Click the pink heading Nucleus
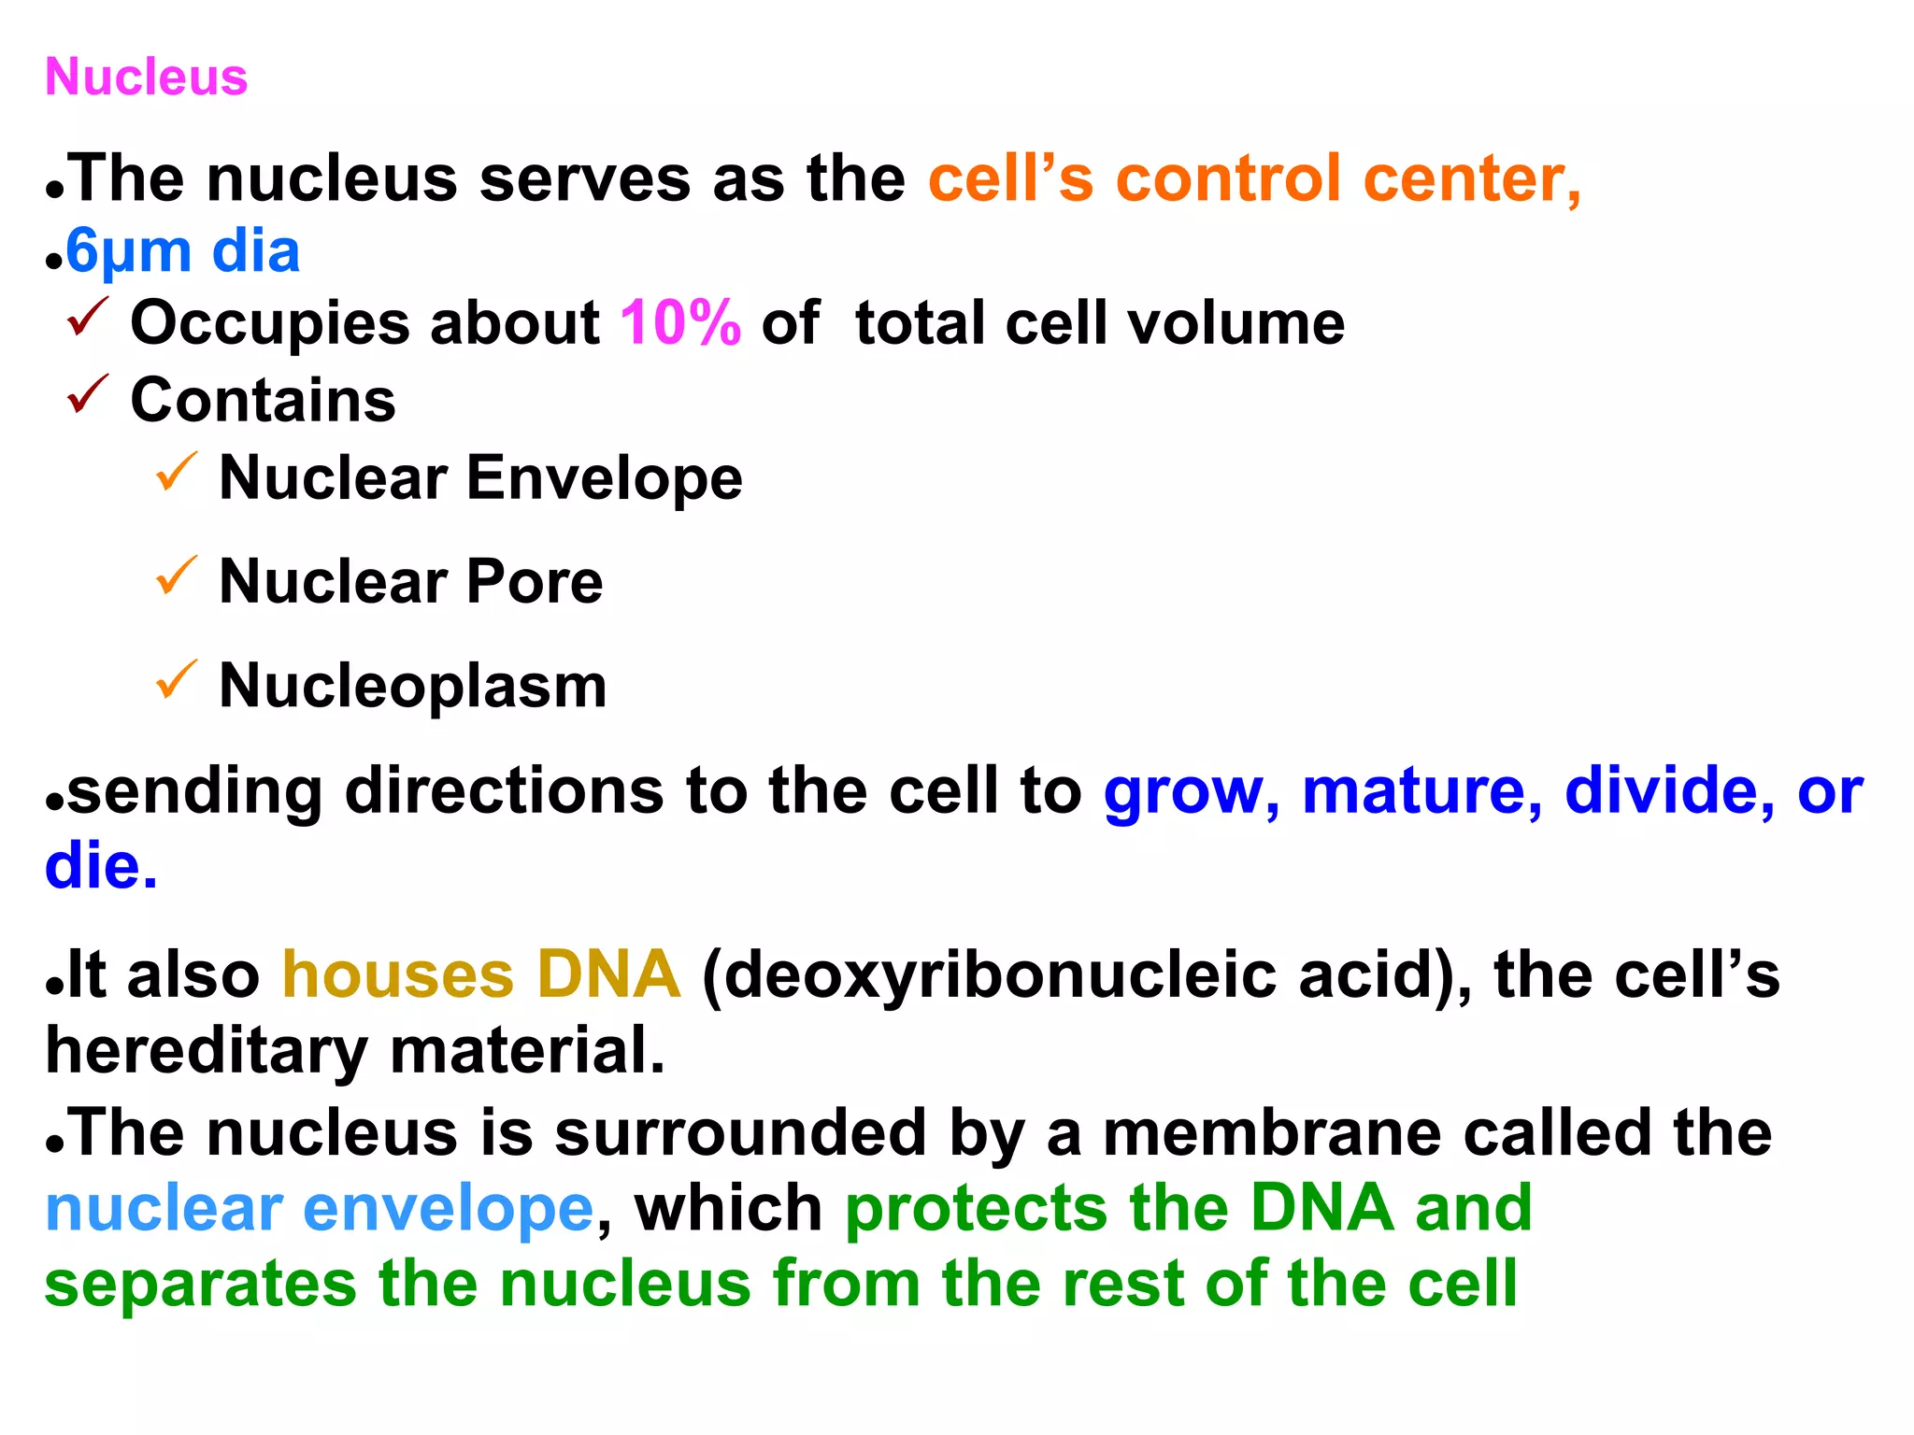[146, 77]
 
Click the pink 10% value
[680, 323]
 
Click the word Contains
[263, 400]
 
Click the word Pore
[534, 581]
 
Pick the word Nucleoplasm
[412, 686]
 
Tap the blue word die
[100, 866]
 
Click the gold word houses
[398, 974]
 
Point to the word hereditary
[207, 1051]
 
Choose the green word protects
[977, 1209]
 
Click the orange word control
[1228, 178]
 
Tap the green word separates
[200, 1284]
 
